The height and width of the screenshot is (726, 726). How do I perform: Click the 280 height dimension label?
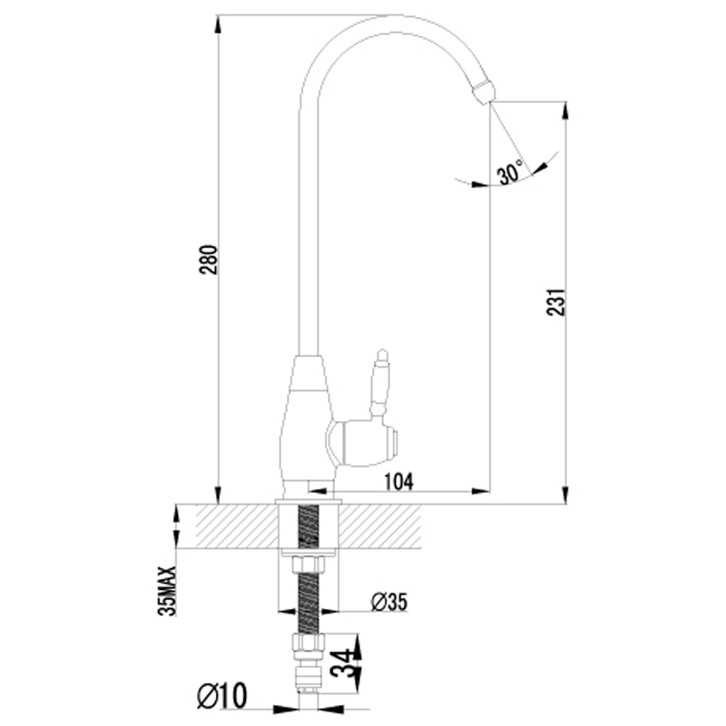209,260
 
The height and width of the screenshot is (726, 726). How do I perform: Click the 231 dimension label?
556,302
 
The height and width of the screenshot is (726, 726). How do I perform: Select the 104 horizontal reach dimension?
398,482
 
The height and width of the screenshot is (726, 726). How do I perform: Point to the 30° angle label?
510,172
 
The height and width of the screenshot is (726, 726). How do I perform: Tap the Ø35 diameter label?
389,602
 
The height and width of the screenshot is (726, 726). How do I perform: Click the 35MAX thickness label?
167,591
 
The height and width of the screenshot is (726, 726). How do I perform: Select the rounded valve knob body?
364,443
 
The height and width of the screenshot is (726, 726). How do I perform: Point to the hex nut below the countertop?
309,565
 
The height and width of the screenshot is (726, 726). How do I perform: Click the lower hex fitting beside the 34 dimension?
309,643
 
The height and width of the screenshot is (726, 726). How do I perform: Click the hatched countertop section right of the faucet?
380,525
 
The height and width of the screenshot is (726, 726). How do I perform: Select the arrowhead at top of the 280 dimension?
218,25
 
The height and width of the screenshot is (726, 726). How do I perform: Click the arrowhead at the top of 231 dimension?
564,111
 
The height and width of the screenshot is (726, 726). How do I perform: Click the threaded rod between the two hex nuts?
309,604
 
